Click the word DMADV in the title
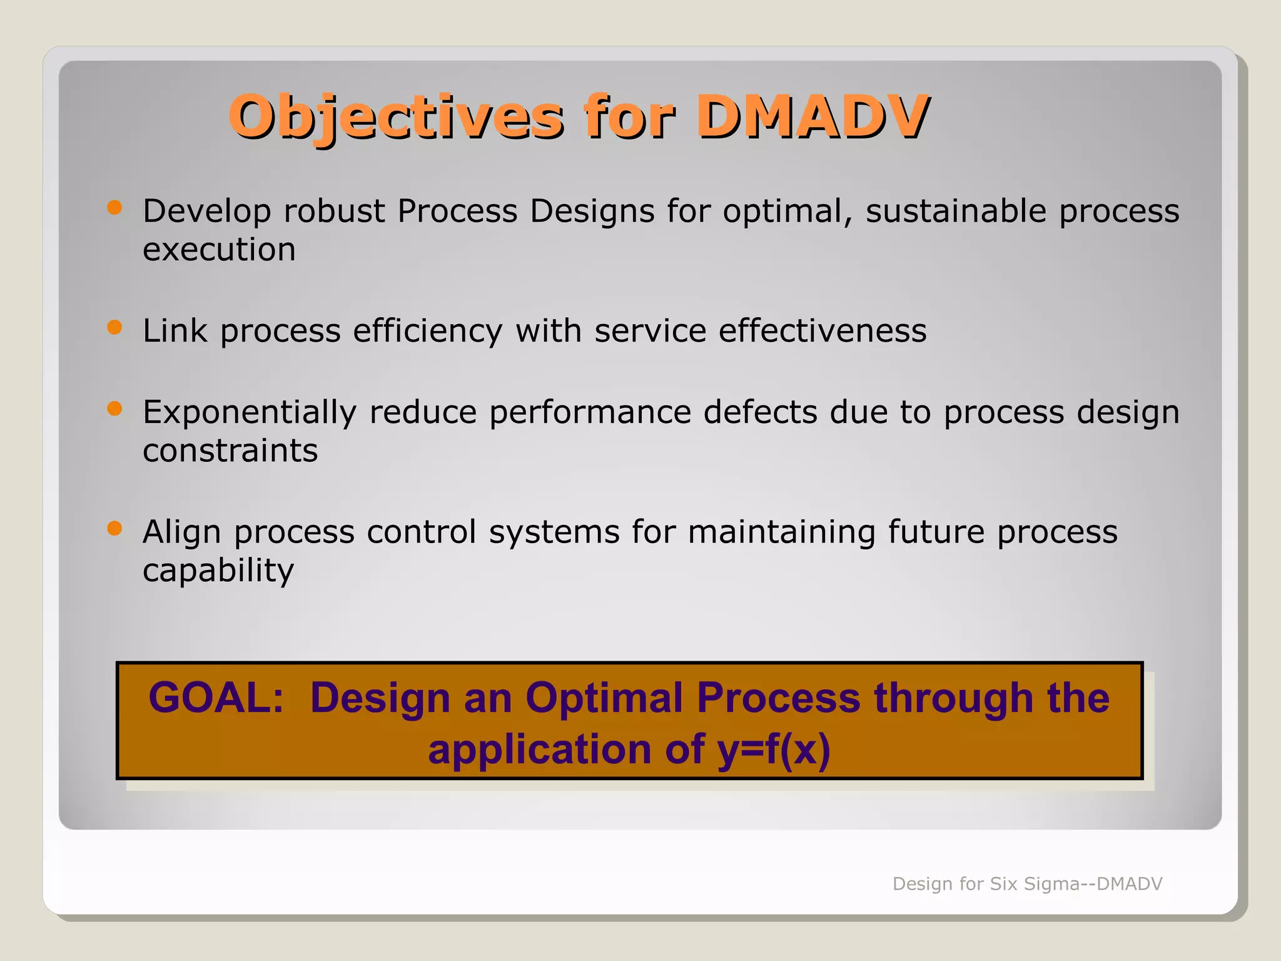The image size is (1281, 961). [x=812, y=116]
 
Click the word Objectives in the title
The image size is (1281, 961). [x=397, y=117]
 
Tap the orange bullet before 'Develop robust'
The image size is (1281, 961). [x=114, y=208]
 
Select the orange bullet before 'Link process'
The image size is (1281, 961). [x=114, y=327]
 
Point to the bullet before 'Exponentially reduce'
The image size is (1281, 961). [x=114, y=409]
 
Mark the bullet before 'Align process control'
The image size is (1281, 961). [x=114, y=529]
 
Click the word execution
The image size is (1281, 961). [x=219, y=250]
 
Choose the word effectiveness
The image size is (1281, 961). [x=823, y=330]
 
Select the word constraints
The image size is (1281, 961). [x=230, y=450]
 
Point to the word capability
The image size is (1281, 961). [x=218, y=571]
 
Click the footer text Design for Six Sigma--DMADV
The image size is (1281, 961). [x=1027, y=883]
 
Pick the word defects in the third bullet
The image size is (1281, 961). [x=760, y=412]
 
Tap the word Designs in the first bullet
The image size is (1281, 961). [x=592, y=211]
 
